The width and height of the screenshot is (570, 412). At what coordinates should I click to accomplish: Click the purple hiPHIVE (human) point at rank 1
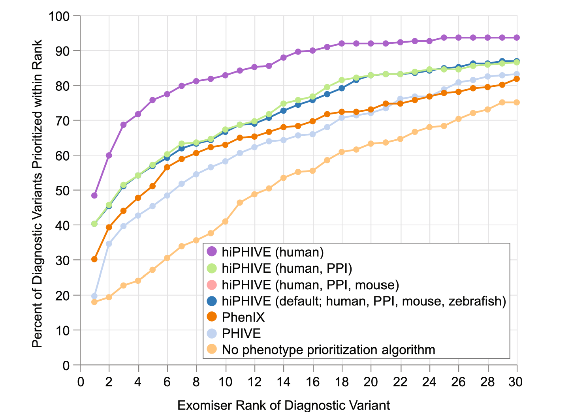(94, 195)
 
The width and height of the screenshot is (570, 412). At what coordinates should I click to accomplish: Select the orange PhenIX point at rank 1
(94, 259)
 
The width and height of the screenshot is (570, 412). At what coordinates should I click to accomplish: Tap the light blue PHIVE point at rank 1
(94, 296)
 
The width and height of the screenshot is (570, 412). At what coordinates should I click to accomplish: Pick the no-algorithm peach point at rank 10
(225, 221)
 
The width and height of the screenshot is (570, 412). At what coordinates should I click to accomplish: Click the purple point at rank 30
(516, 37)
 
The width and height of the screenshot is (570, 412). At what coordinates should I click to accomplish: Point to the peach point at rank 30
(516, 103)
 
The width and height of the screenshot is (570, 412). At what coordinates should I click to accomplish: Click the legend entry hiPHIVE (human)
(273, 252)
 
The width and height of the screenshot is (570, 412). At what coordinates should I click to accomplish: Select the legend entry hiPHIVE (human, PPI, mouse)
(310, 285)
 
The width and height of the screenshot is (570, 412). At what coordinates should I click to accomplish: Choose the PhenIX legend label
(243, 317)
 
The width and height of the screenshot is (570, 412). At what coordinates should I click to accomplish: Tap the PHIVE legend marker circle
(212, 333)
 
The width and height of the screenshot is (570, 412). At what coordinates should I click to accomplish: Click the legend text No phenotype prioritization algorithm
(328, 350)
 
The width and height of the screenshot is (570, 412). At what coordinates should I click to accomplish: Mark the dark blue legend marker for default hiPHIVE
(212, 301)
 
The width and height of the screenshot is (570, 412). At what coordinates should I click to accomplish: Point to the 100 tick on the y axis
(59, 16)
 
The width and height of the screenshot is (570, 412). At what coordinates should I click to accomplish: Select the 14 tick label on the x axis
(284, 382)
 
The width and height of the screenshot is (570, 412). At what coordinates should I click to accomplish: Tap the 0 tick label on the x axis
(80, 382)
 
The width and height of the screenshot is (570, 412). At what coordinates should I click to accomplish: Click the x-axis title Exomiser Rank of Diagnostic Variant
(284, 405)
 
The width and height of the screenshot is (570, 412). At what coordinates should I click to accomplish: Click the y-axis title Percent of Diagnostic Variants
(37, 193)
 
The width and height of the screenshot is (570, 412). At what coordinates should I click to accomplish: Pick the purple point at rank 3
(123, 125)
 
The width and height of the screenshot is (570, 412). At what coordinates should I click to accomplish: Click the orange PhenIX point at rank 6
(167, 167)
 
